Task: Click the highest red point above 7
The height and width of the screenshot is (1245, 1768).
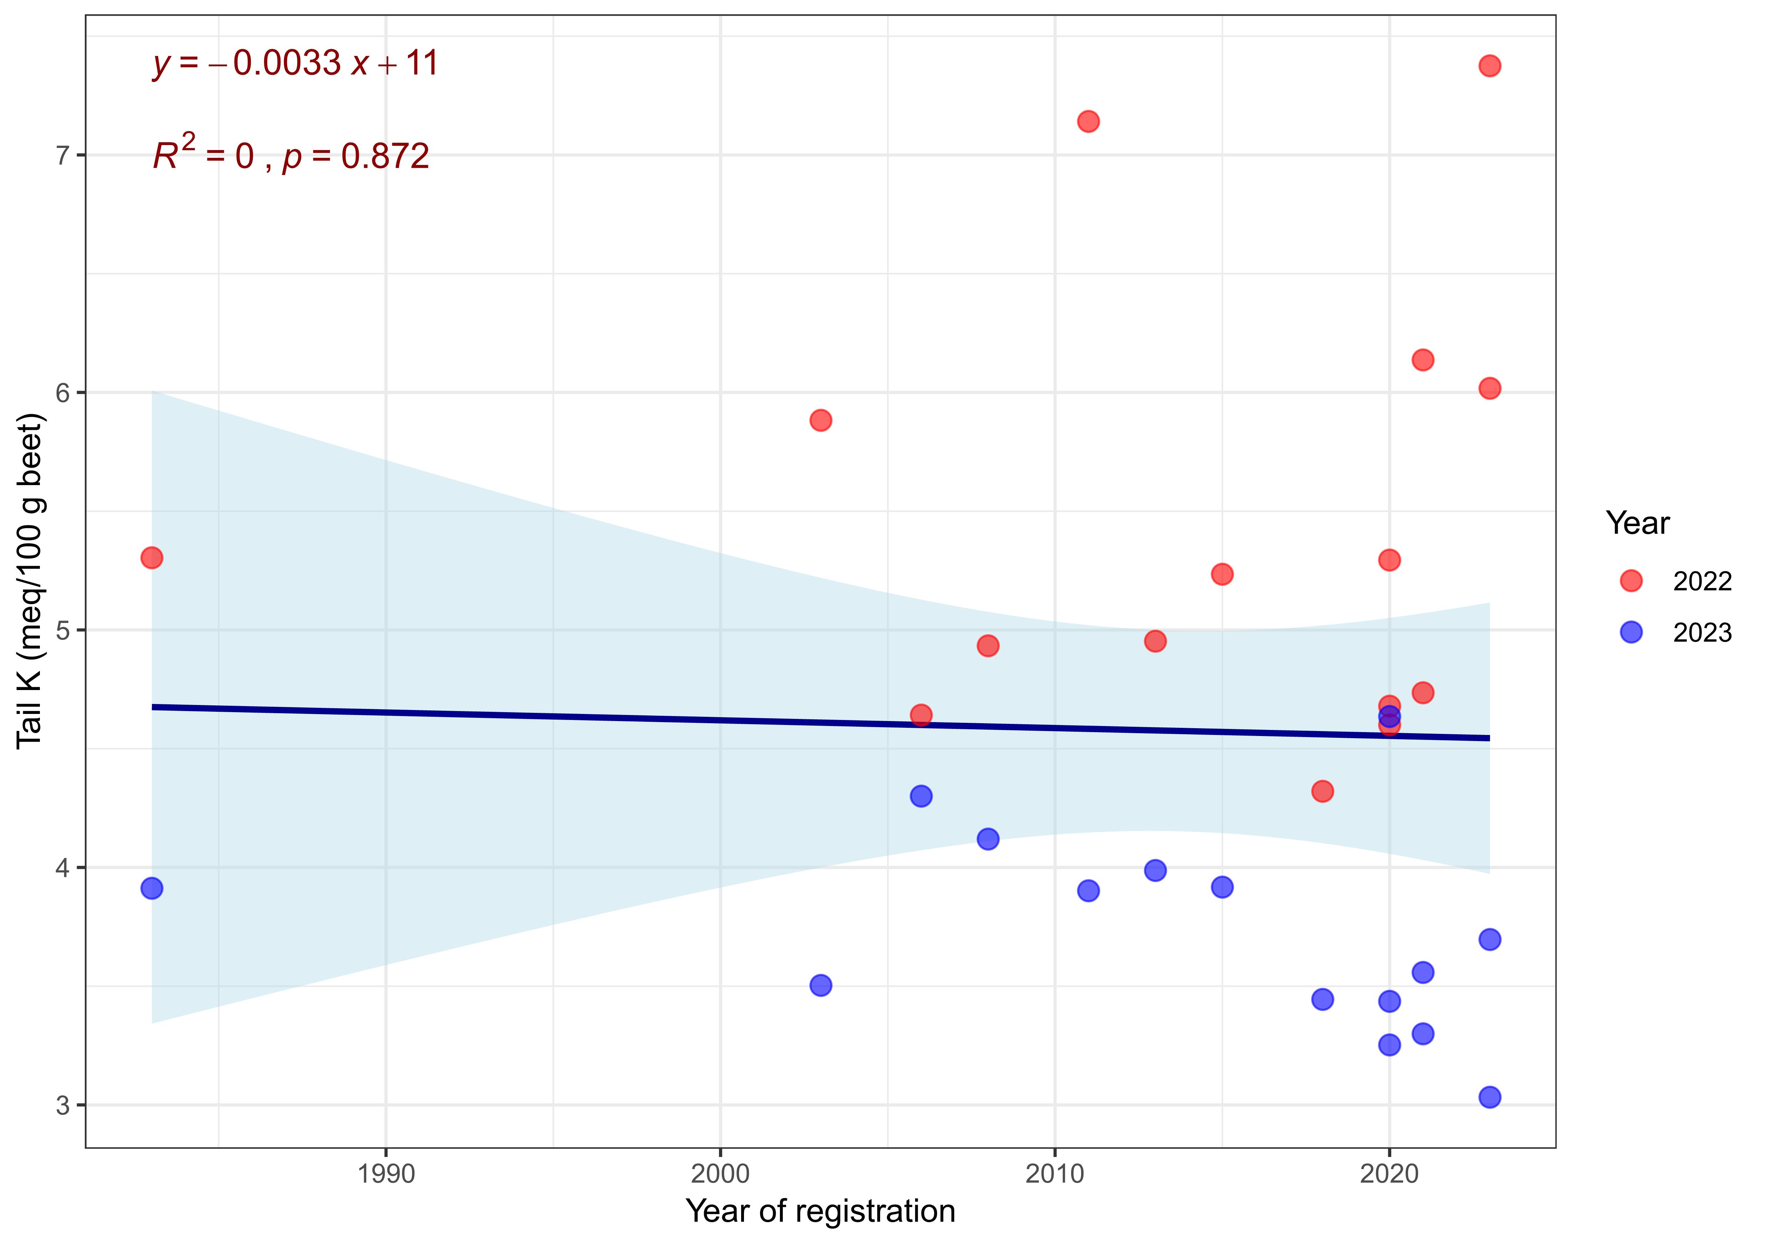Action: [1489, 66]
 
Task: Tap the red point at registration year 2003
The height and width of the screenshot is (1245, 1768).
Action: [821, 420]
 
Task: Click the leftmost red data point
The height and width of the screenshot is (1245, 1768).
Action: [152, 557]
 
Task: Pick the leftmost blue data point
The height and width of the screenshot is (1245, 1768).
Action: [152, 888]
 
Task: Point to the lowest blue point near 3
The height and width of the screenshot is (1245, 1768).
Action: [1489, 1096]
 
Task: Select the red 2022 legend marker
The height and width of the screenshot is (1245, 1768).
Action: [1631, 581]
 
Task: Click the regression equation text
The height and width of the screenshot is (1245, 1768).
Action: [296, 63]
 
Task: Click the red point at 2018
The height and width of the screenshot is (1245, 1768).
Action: [1322, 791]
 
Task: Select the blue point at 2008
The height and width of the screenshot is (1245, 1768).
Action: [988, 838]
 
